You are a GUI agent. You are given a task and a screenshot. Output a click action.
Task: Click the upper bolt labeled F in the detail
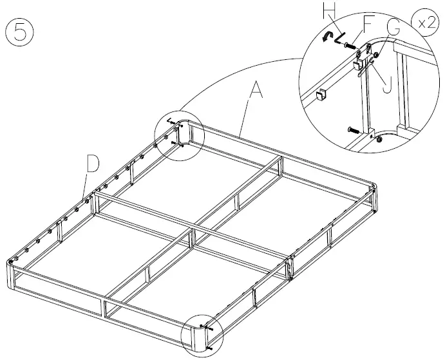[x=350, y=46]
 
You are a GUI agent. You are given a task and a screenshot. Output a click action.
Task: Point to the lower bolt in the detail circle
[x=354, y=129]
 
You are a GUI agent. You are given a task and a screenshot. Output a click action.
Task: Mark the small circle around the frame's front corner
[x=202, y=335]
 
